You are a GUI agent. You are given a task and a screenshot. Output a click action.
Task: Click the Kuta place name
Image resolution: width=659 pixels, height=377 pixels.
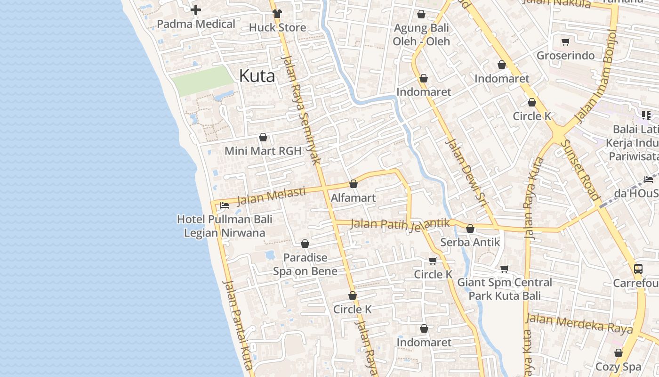click(x=257, y=75)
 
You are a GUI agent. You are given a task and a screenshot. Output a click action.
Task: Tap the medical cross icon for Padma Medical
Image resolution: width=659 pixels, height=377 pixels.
click(x=196, y=9)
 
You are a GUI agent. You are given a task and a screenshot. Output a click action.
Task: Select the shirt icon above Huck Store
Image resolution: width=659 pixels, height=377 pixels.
click(x=277, y=13)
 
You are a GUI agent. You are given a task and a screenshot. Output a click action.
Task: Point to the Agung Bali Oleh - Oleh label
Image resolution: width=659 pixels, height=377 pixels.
click(x=422, y=34)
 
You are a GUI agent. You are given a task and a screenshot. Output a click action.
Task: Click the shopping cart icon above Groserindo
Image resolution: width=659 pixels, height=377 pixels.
click(x=566, y=41)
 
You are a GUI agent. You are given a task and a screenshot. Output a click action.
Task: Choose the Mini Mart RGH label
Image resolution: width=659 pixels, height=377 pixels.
click(x=263, y=151)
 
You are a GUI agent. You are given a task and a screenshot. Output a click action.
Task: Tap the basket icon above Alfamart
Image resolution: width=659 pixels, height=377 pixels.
click(x=354, y=184)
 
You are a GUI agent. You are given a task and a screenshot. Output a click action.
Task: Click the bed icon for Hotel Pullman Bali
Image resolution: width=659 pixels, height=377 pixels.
click(x=225, y=205)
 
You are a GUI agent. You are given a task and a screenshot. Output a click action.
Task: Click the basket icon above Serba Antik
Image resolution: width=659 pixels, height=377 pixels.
click(x=470, y=229)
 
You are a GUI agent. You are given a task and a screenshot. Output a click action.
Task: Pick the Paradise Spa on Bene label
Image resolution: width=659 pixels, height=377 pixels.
click(x=305, y=264)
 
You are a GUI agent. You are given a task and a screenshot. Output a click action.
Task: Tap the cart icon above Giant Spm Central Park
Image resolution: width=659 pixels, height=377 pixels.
click(x=505, y=269)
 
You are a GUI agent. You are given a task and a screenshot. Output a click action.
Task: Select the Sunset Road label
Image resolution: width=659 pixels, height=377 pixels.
click(x=581, y=170)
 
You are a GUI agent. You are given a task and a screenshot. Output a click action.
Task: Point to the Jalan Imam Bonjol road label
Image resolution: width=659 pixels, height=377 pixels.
click(x=596, y=75)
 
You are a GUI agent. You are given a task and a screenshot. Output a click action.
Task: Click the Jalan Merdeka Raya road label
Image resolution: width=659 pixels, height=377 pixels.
click(x=579, y=324)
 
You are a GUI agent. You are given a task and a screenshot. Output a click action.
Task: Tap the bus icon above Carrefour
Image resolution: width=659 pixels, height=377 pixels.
click(x=638, y=269)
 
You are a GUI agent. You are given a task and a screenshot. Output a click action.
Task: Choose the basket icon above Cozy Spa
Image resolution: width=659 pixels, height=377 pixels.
click(x=619, y=353)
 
